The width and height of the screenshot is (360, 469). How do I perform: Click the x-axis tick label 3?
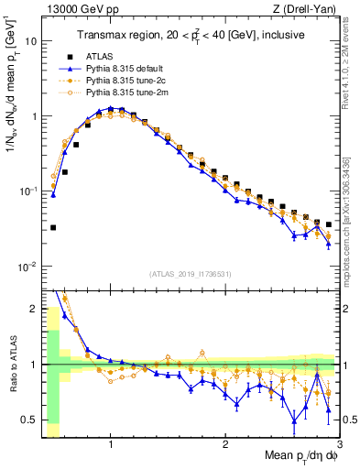pyautogui.click(x=340, y=444)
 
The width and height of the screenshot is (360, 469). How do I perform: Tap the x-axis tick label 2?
pyautogui.click(x=225, y=444)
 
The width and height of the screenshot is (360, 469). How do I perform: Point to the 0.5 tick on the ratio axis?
pyautogui.click(x=28, y=420)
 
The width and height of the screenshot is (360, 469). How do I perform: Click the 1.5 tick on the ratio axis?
pyautogui.click(x=28, y=310)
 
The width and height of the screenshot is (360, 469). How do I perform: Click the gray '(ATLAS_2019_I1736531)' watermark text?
pyautogui.click(x=191, y=273)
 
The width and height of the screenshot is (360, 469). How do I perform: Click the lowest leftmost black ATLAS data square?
pyautogui.click(x=53, y=227)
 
